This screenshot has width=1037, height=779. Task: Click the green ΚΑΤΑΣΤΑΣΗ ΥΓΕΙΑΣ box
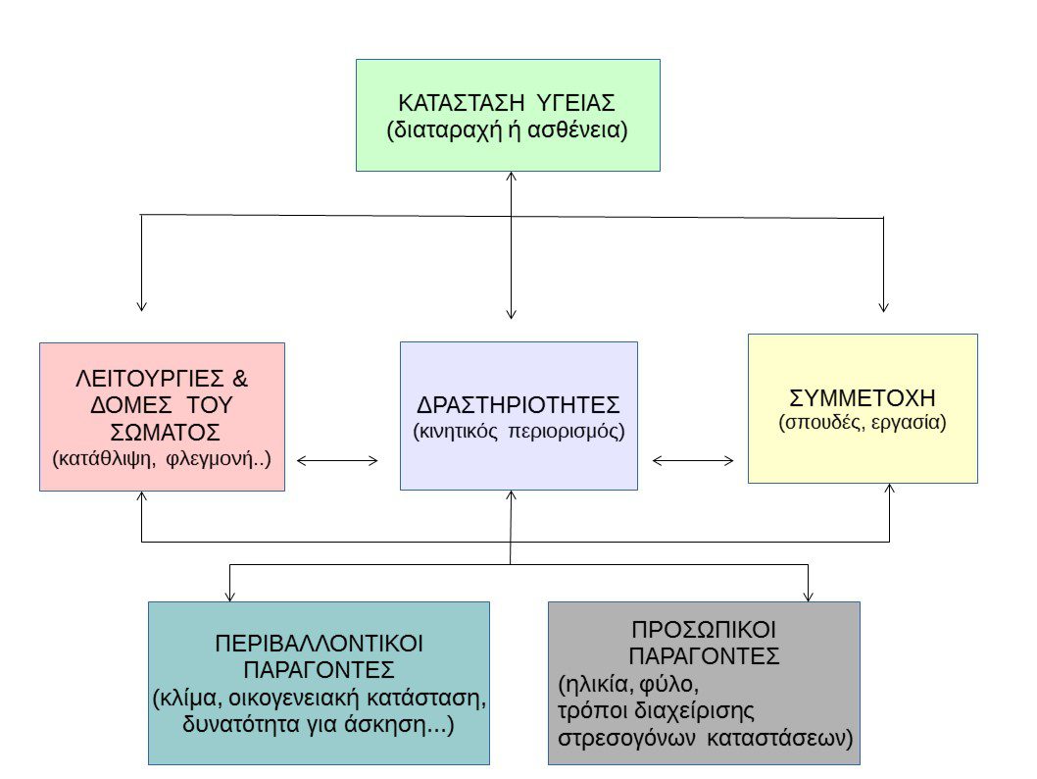508,115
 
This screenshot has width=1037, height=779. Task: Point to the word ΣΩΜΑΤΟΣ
162,432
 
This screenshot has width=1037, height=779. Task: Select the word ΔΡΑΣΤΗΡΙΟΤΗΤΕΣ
518,405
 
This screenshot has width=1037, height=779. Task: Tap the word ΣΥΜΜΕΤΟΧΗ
863,398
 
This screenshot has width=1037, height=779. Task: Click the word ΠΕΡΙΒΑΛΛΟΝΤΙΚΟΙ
319,644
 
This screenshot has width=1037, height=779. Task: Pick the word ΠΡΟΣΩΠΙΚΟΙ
704,629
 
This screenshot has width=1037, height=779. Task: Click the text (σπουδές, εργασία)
863,423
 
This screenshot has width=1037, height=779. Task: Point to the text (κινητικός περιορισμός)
518,431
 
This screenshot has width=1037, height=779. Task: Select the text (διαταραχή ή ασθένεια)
508,130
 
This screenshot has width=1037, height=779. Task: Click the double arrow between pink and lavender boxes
337,459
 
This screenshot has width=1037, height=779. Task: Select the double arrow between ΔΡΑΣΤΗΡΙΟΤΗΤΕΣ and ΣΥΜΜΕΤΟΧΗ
693,459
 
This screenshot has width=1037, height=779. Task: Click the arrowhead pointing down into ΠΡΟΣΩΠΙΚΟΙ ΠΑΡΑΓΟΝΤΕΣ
809,595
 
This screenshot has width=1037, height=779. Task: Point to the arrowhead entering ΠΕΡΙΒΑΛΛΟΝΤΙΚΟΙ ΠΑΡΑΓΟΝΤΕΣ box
230,595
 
